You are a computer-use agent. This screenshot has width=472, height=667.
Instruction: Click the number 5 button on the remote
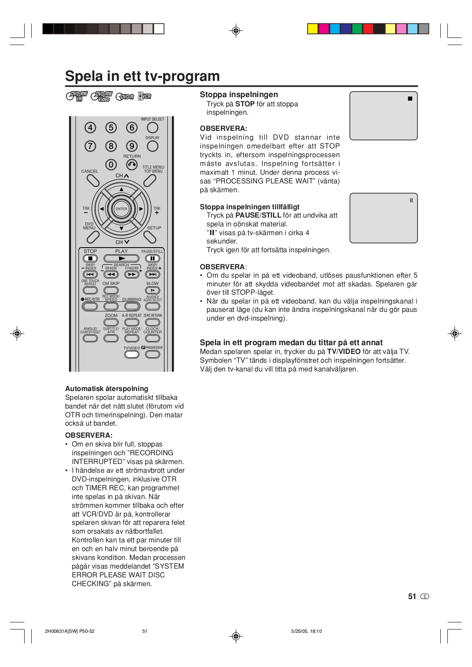(x=111, y=128)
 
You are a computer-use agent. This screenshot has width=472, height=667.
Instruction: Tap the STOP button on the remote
(x=90, y=258)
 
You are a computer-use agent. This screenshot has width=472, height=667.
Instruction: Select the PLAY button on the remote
(x=121, y=258)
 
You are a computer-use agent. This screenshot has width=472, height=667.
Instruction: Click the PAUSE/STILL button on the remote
(x=152, y=258)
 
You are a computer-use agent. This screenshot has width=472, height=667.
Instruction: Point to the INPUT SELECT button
(x=153, y=128)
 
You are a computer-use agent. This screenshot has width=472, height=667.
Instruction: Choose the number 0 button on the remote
(x=111, y=165)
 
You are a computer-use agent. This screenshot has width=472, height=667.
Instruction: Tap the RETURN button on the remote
(x=132, y=165)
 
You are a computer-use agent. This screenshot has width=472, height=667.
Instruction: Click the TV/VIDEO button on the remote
(x=132, y=354)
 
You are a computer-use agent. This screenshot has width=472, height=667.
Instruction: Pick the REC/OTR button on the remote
(x=90, y=306)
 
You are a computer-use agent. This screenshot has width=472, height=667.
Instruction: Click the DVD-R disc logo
(x=125, y=97)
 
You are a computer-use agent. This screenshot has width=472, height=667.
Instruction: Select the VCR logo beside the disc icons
(x=144, y=96)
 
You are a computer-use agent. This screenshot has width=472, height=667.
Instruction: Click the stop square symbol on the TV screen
(x=410, y=99)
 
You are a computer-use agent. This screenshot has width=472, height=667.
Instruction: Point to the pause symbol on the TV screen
(x=411, y=201)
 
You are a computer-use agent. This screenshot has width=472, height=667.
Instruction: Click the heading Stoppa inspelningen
(x=239, y=95)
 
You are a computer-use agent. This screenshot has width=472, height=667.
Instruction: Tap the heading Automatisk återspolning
(x=106, y=389)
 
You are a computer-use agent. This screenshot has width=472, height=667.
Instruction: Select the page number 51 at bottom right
(x=412, y=597)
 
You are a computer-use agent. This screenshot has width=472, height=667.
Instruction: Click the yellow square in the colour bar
(x=313, y=29)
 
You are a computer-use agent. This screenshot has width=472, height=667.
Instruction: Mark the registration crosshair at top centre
(x=236, y=30)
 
